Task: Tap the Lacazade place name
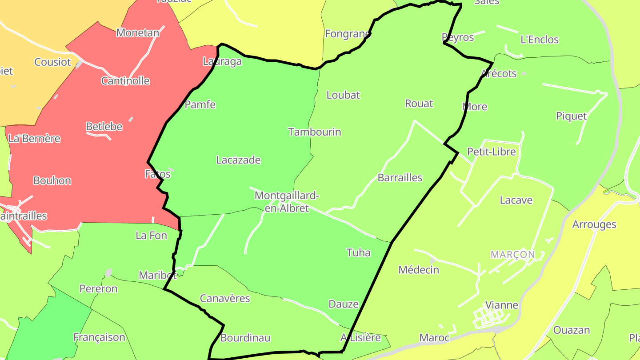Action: pyautogui.click(x=238, y=160)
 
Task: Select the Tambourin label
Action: pyautogui.click(x=315, y=132)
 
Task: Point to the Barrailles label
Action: pyautogui.click(x=400, y=178)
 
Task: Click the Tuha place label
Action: pyautogui.click(x=358, y=253)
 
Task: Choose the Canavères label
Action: pyautogui.click(x=225, y=299)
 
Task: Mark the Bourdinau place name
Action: pyautogui.click(x=245, y=338)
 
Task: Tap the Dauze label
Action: pyautogui.click(x=344, y=304)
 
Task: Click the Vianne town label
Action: pyautogui.click(x=502, y=305)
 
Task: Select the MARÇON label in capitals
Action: pyautogui.click(x=512, y=255)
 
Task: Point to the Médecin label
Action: pyautogui.click(x=419, y=270)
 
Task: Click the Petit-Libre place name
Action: pyautogui.click(x=492, y=152)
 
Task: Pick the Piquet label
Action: pyautogui.click(x=571, y=116)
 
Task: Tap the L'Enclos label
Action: pyautogui.click(x=539, y=40)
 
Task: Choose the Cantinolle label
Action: pyautogui.click(x=125, y=81)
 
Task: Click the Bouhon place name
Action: pyautogui.click(x=52, y=181)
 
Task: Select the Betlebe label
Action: pyautogui.click(x=104, y=127)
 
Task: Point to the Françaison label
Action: pyautogui.click(x=99, y=337)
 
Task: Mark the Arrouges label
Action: pyautogui.click(x=594, y=224)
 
